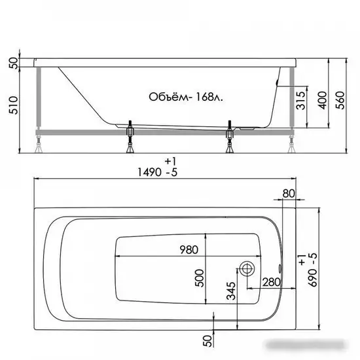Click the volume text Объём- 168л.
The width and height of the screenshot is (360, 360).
(186, 97)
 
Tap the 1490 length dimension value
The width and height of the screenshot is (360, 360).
(149, 172)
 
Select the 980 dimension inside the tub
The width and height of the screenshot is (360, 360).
(189, 250)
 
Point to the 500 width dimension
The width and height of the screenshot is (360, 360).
(199, 278)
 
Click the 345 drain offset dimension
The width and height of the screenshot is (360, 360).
(231, 291)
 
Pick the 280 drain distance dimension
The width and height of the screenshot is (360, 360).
(272, 282)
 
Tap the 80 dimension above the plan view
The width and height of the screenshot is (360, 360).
(289, 194)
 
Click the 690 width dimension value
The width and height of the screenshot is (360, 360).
(312, 278)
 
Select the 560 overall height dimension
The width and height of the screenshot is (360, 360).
(340, 100)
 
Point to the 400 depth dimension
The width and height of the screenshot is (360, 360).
(323, 100)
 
